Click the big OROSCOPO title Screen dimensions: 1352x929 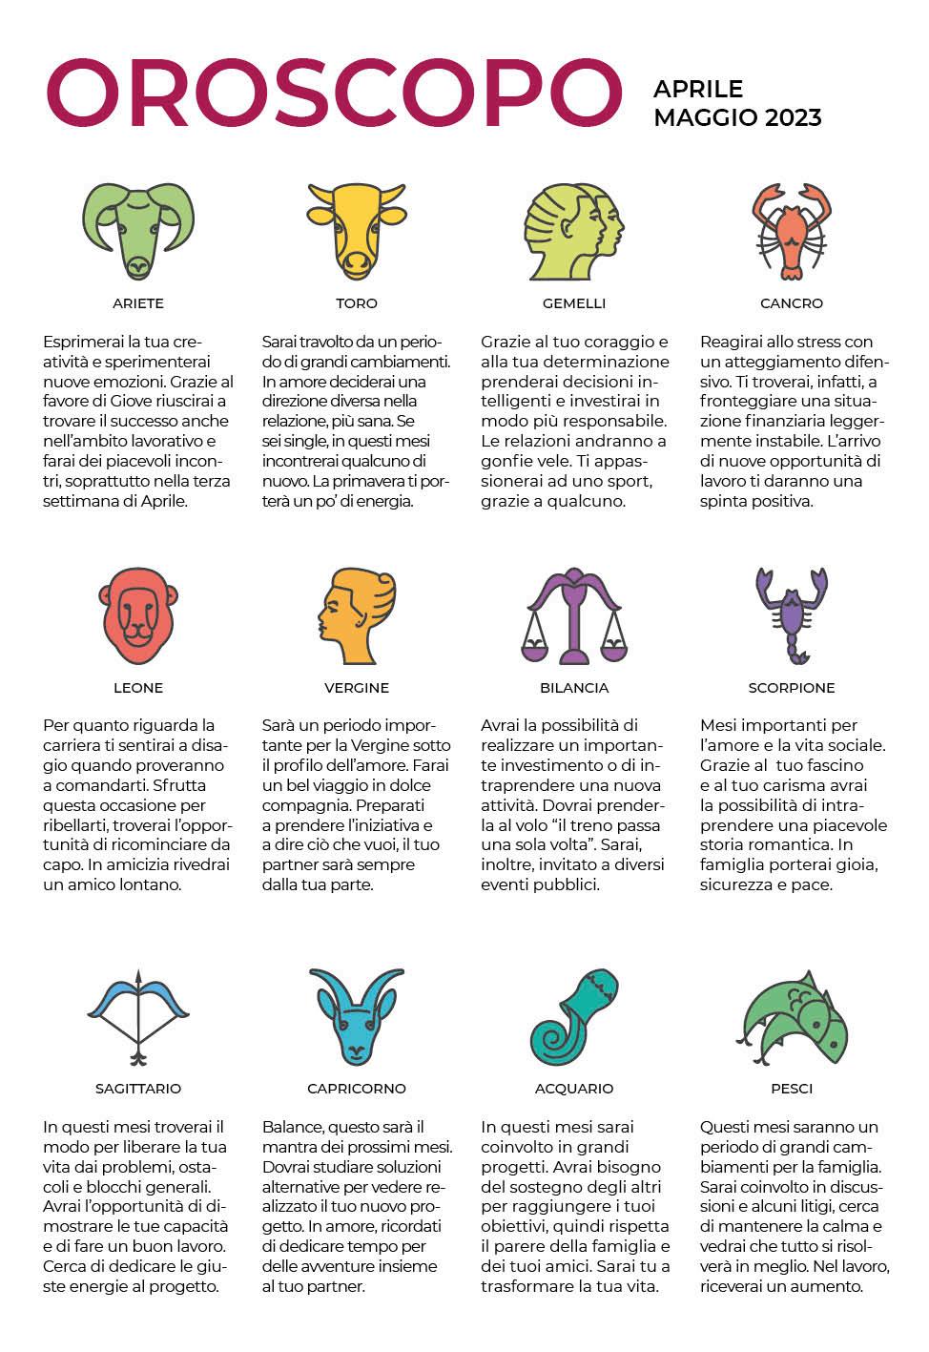pos(333,93)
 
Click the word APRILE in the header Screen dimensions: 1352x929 pos(698,89)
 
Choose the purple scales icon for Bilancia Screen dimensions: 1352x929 pos(574,617)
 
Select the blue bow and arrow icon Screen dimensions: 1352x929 pos(138,1017)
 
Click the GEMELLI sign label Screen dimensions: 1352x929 pos(574,303)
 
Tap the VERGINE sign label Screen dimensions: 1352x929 pos(357,688)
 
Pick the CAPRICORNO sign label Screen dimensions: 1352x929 pos(357,1089)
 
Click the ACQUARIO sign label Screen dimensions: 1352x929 pos(574,1089)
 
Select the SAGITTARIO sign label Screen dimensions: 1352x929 pos(138,1089)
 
